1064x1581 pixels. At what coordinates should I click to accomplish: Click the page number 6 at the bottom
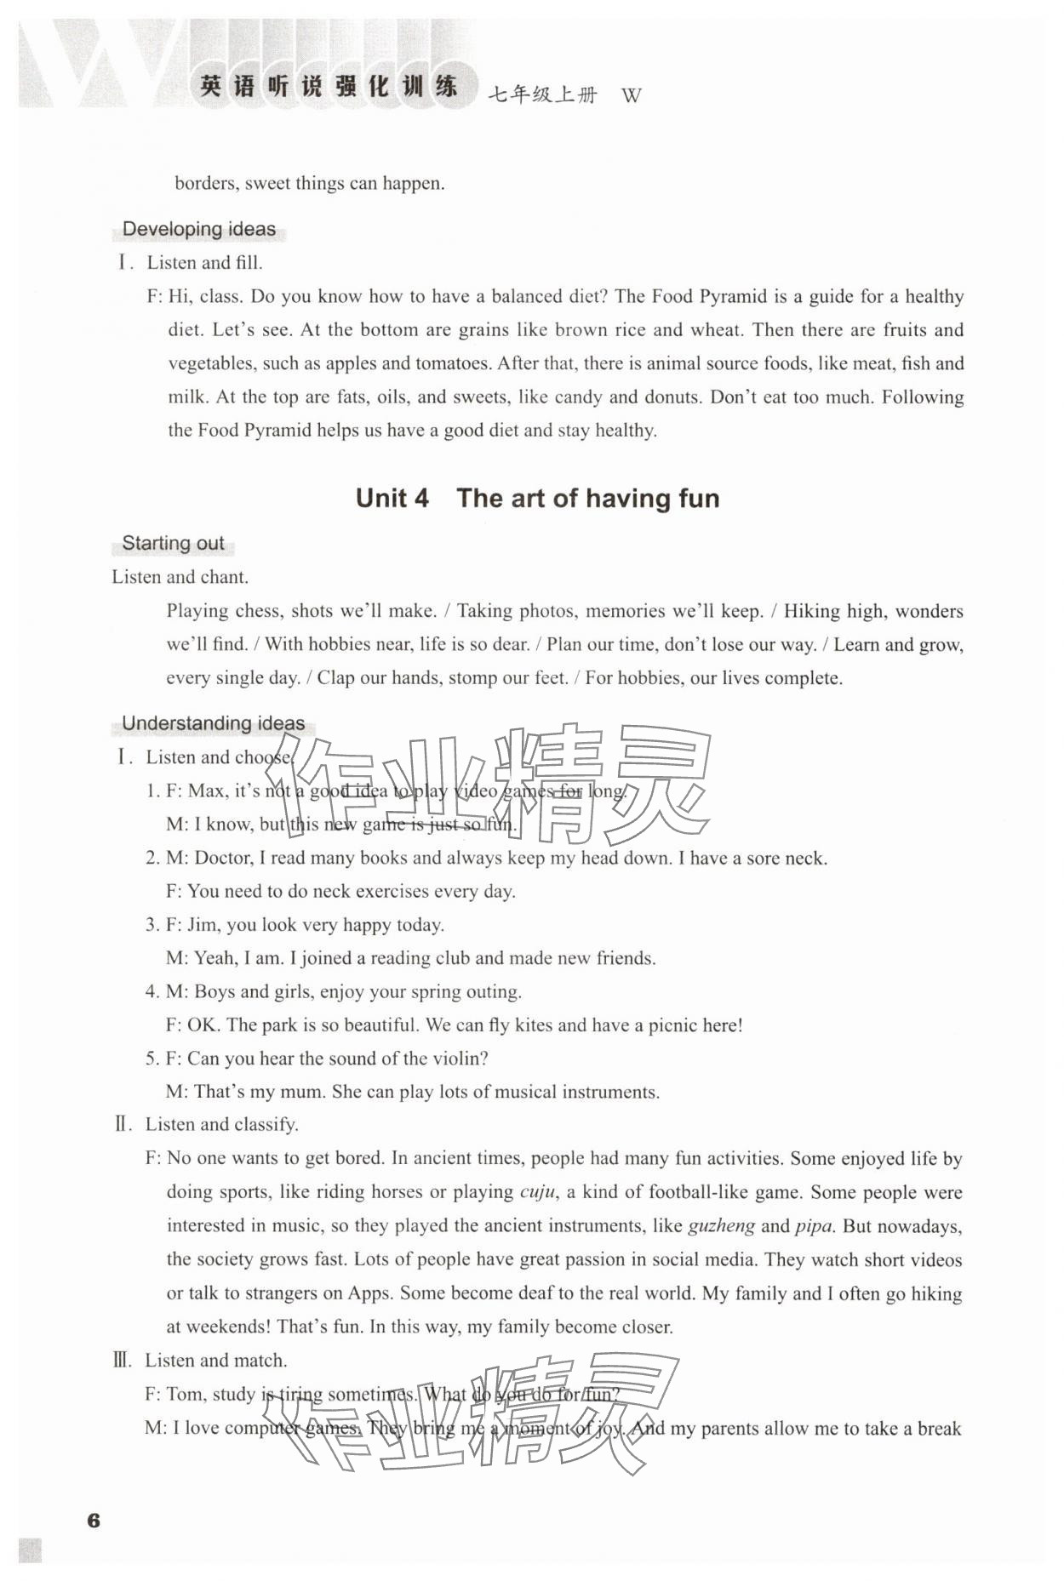click(x=94, y=1520)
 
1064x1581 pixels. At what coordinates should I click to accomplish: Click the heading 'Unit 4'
click(x=392, y=498)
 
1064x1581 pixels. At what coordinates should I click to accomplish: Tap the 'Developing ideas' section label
click(x=199, y=229)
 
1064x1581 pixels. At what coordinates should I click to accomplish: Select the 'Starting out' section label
click(x=173, y=543)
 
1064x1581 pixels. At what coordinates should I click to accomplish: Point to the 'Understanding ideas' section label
click(x=213, y=723)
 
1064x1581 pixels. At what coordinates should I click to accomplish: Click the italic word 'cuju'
click(x=538, y=1191)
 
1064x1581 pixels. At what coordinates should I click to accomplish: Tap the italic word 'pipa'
click(x=814, y=1225)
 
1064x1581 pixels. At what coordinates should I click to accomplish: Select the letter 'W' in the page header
click(x=631, y=95)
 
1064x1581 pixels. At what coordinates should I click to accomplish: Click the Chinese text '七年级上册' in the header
click(x=542, y=95)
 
